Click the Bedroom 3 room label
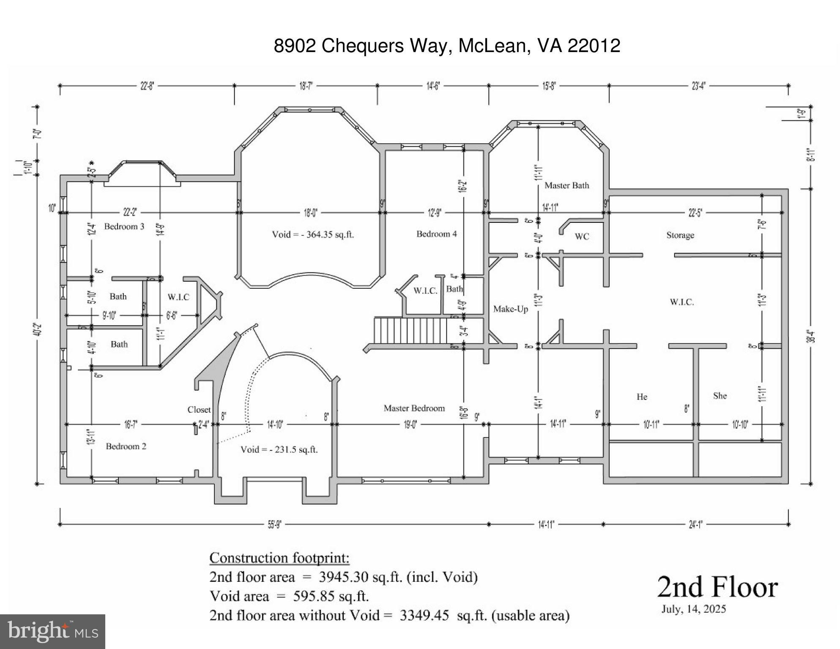tap(124, 227)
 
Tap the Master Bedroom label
tap(414, 408)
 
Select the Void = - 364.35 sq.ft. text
tap(313, 235)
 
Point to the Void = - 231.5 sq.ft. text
tap(279, 449)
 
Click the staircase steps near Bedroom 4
tap(410, 331)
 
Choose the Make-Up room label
tap(511, 309)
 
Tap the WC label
tap(582, 237)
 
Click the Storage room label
tap(680, 235)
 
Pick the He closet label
tap(642, 397)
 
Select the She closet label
tap(720, 396)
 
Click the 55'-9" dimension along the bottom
tap(274, 525)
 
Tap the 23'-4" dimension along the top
tap(698, 86)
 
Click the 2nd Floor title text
tap(717, 588)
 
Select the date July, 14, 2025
tap(693, 609)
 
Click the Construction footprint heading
tap(279, 558)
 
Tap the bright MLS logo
tap(52, 632)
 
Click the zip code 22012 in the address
tap(594, 46)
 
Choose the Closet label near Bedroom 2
tap(199, 410)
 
